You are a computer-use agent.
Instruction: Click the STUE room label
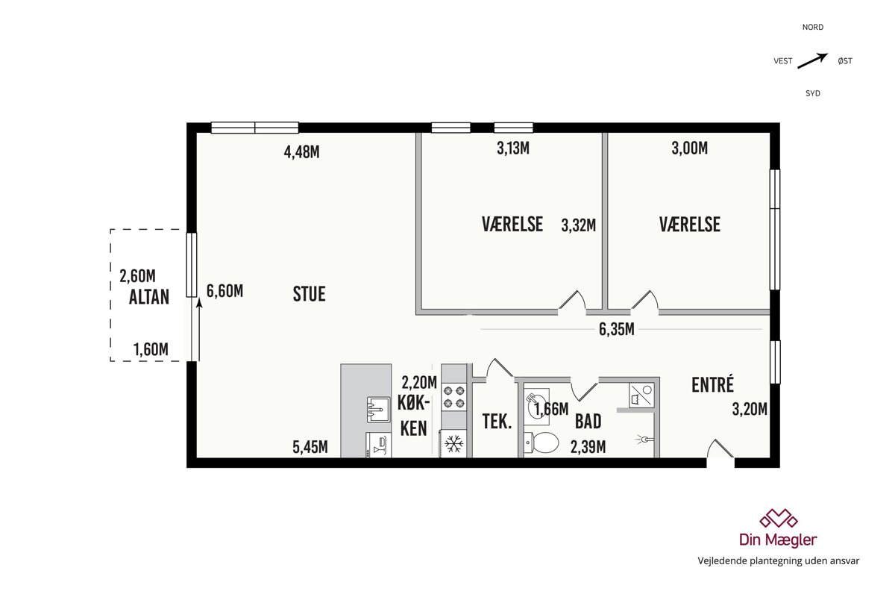tap(310, 294)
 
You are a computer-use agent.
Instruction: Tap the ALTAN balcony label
tap(149, 297)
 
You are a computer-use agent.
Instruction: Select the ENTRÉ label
tap(713, 384)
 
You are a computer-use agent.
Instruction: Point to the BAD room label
tap(588, 422)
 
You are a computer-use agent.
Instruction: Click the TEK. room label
tap(497, 422)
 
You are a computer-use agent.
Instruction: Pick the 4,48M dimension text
tap(301, 152)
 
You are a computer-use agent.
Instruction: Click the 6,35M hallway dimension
tap(617, 330)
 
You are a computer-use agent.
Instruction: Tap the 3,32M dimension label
tap(579, 225)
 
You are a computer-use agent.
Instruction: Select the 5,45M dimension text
tap(310, 447)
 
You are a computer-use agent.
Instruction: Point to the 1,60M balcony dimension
tap(151, 349)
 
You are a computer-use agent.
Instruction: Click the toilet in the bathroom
tap(541, 443)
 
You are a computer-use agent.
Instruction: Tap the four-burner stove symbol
tap(454, 397)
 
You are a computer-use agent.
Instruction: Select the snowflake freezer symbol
tap(454, 444)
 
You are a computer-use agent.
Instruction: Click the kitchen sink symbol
tap(378, 410)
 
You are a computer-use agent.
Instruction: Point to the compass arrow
tap(813, 60)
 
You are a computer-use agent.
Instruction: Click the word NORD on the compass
tap(813, 27)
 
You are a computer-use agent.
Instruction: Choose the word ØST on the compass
tap(845, 60)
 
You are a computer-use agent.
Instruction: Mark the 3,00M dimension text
tap(690, 149)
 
